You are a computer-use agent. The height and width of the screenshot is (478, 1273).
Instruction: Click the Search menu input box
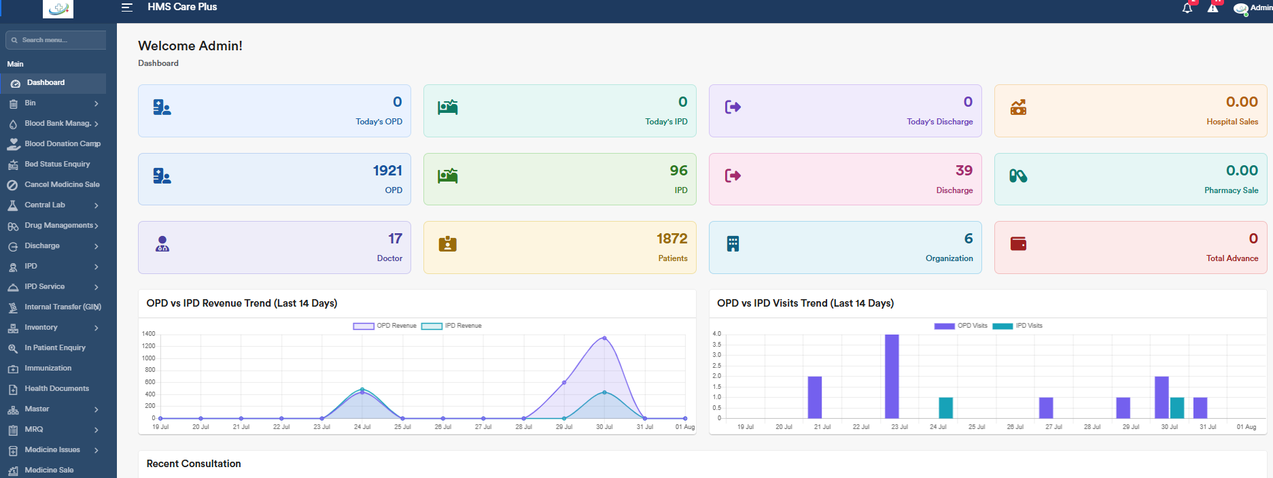click(x=56, y=40)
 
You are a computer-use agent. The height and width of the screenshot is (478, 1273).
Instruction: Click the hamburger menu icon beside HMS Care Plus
click(x=126, y=7)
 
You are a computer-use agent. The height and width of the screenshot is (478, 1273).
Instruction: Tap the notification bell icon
click(x=1187, y=8)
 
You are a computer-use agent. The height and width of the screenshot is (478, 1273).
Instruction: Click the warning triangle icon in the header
click(x=1213, y=8)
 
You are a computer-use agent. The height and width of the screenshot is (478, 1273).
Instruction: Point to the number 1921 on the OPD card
click(x=387, y=171)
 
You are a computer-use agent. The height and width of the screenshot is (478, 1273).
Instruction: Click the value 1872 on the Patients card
click(x=672, y=239)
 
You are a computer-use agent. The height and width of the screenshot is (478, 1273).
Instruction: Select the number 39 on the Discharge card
click(x=964, y=171)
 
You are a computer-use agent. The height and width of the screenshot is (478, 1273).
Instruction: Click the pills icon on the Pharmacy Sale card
click(x=1018, y=175)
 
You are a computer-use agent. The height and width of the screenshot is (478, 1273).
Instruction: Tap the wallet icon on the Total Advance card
click(x=1018, y=243)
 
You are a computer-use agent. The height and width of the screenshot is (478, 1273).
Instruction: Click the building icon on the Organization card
click(x=733, y=243)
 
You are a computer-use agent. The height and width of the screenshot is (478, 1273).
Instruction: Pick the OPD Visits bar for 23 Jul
click(x=892, y=376)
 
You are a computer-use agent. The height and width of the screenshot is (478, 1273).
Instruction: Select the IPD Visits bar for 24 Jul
click(x=945, y=408)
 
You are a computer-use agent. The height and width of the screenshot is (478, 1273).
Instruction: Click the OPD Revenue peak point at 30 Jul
click(x=604, y=338)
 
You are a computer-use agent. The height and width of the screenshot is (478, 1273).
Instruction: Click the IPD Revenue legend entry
click(x=451, y=326)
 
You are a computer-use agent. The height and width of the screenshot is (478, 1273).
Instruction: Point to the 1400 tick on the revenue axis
click(x=148, y=334)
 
